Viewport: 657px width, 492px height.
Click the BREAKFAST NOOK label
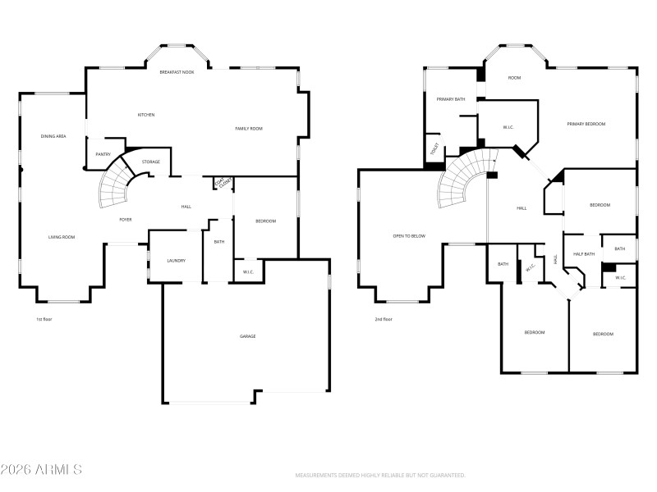pyautogui.click(x=177, y=73)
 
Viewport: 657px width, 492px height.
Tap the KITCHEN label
pyautogui.click(x=146, y=115)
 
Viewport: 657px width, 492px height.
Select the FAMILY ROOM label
pyautogui.click(x=249, y=129)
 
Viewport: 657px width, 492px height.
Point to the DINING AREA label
pyautogui.click(x=53, y=135)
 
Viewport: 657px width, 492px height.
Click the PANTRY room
pyautogui.click(x=103, y=154)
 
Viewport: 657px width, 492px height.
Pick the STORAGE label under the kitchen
pyautogui.click(x=150, y=162)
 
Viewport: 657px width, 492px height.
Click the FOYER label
pyautogui.click(x=126, y=220)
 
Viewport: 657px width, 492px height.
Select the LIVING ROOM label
pyautogui.click(x=62, y=237)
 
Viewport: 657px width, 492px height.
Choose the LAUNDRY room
pyautogui.click(x=176, y=261)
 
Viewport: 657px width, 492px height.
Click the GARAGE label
pyautogui.click(x=247, y=336)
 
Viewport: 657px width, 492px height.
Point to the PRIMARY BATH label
pyautogui.click(x=450, y=99)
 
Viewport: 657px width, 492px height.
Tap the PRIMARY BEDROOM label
pyautogui.click(x=586, y=124)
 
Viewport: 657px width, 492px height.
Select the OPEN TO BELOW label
pyautogui.click(x=410, y=236)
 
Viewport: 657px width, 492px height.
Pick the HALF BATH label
pyautogui.click(x=584, y=254)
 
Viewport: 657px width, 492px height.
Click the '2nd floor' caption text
pyautogui.click(x=384, y=319)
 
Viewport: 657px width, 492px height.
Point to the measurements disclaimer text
pyautogui.click(x=380, y=476)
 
